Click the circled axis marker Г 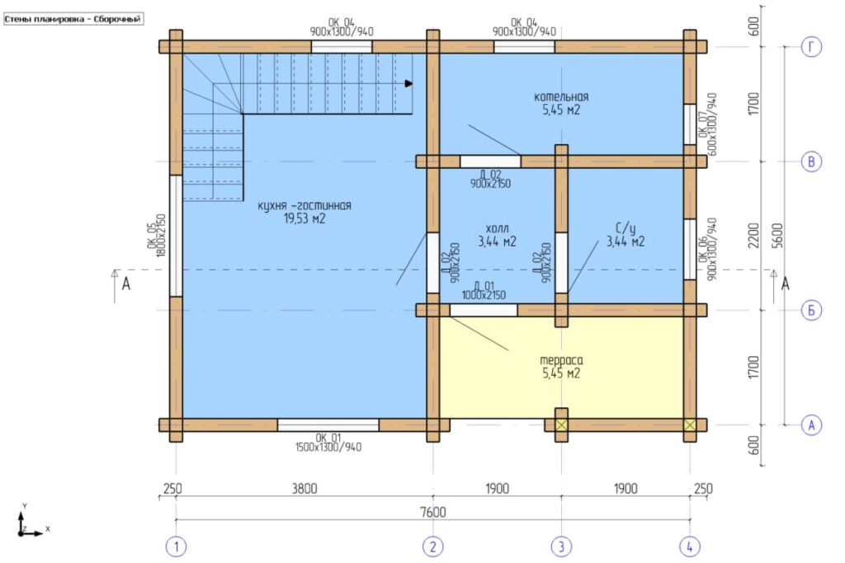click(811, 47)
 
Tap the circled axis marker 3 click(561, 547)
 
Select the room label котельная click(561, 97)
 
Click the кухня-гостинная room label click(304, 205)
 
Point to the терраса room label click(561, 360)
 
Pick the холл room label click(496, 228)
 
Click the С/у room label click(625, 228)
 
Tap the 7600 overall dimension click(432, 512)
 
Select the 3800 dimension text click(304, 488)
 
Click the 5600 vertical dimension click(777, 236)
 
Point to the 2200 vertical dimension click(753, 236)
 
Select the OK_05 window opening click(176, 236)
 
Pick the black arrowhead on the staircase click(409, 83)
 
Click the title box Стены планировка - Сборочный click(73, 20)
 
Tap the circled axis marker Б click(811, 310)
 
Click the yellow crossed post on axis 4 click(690, 425)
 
